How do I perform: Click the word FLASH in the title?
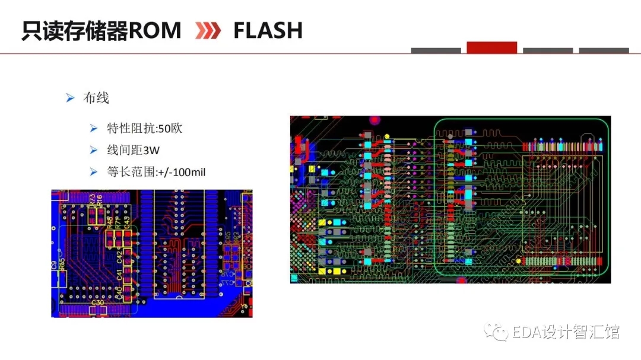click(268, 30)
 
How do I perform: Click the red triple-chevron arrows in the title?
click(208, 31)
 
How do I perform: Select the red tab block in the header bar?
click(491, 47)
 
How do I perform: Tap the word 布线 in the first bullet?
click(96, 98)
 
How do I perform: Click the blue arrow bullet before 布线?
click(70, 98)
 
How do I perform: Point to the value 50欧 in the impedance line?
click(170, 128)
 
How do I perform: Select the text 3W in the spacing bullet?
click(151, 150)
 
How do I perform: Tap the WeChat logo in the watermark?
click(494, 332)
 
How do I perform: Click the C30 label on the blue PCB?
click(97, 302)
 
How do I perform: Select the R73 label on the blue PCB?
click(92, 200)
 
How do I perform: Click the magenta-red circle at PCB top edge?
click(374, 120)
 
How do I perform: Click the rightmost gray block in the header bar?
click(604, 50)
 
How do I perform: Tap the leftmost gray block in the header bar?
click(436, 50)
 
